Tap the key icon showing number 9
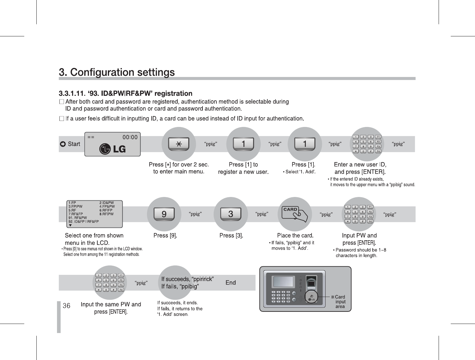164,214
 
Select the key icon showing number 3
231,214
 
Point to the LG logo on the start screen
113,149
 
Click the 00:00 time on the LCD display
130,137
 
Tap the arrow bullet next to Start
62,144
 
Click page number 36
67,306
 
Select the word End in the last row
231,283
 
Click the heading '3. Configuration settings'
117,73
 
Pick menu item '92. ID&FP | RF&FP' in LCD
84,222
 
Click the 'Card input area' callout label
340,302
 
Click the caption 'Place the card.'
295,235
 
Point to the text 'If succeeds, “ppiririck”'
188,279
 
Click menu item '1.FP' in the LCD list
72,202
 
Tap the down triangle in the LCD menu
71,225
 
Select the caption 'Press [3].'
231,235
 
